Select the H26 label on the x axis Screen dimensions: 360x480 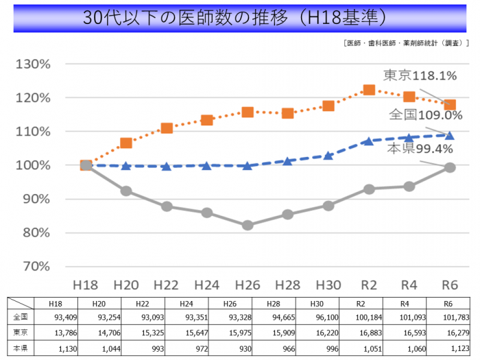(x=248, y=284)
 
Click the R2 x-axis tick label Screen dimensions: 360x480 (x=369, y=284)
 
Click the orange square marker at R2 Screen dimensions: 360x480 (x=369, y=90)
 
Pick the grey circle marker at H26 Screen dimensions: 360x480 (x=248, y=225)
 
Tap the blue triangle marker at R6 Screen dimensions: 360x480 (x=450, y=135)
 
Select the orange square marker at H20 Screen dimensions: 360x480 (x=126, y=143)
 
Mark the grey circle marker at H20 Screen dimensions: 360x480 (x=126, y=191)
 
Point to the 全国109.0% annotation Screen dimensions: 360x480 (x=425, y=115)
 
